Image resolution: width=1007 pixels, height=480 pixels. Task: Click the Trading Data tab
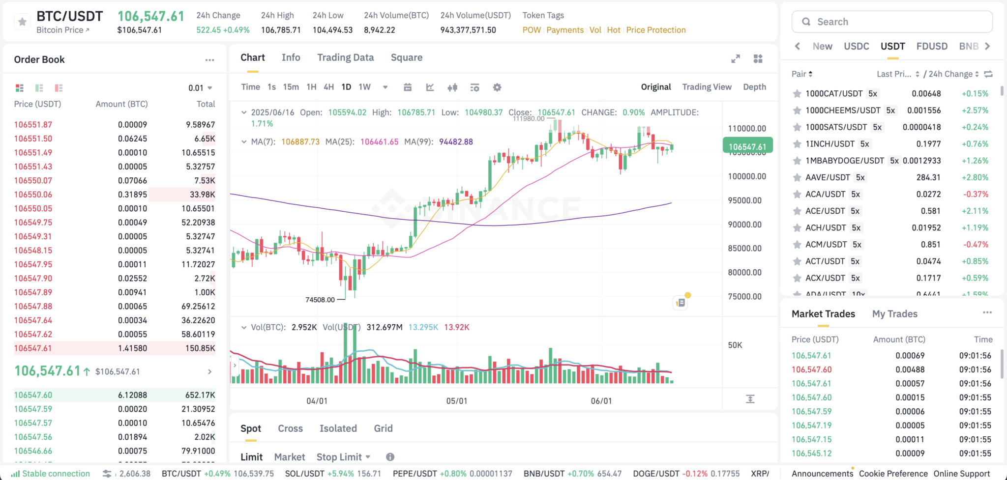point(345,57)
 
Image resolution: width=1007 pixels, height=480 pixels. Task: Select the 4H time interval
point(328,87)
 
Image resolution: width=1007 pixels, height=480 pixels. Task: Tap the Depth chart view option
point(754,87)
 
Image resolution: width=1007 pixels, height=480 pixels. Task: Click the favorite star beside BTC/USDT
point(22,22)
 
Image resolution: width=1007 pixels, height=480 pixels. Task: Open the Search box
point(892,22)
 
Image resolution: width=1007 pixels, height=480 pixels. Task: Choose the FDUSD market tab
point(932,46)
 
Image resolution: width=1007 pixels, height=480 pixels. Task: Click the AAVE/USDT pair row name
point(828,177)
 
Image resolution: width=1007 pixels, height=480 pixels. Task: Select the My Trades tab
point(894,314)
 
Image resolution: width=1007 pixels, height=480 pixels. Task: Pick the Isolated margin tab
point(338,428)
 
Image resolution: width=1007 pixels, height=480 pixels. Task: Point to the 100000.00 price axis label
point(747,176)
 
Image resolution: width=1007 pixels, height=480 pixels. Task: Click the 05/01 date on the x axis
point(457,401)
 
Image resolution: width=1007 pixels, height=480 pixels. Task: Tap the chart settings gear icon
point(497,87)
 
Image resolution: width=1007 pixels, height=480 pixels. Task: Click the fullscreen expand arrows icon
point(736,59)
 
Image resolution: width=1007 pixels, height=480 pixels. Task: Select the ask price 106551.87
point(33,125)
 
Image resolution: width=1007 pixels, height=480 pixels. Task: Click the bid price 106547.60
point(33,395)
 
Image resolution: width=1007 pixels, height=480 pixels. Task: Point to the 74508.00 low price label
point(320,300)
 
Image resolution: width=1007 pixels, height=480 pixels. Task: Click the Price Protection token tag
point(656,30)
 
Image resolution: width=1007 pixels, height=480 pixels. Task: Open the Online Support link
point(961,474)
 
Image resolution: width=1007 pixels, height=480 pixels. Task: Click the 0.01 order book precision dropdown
point(200,88)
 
